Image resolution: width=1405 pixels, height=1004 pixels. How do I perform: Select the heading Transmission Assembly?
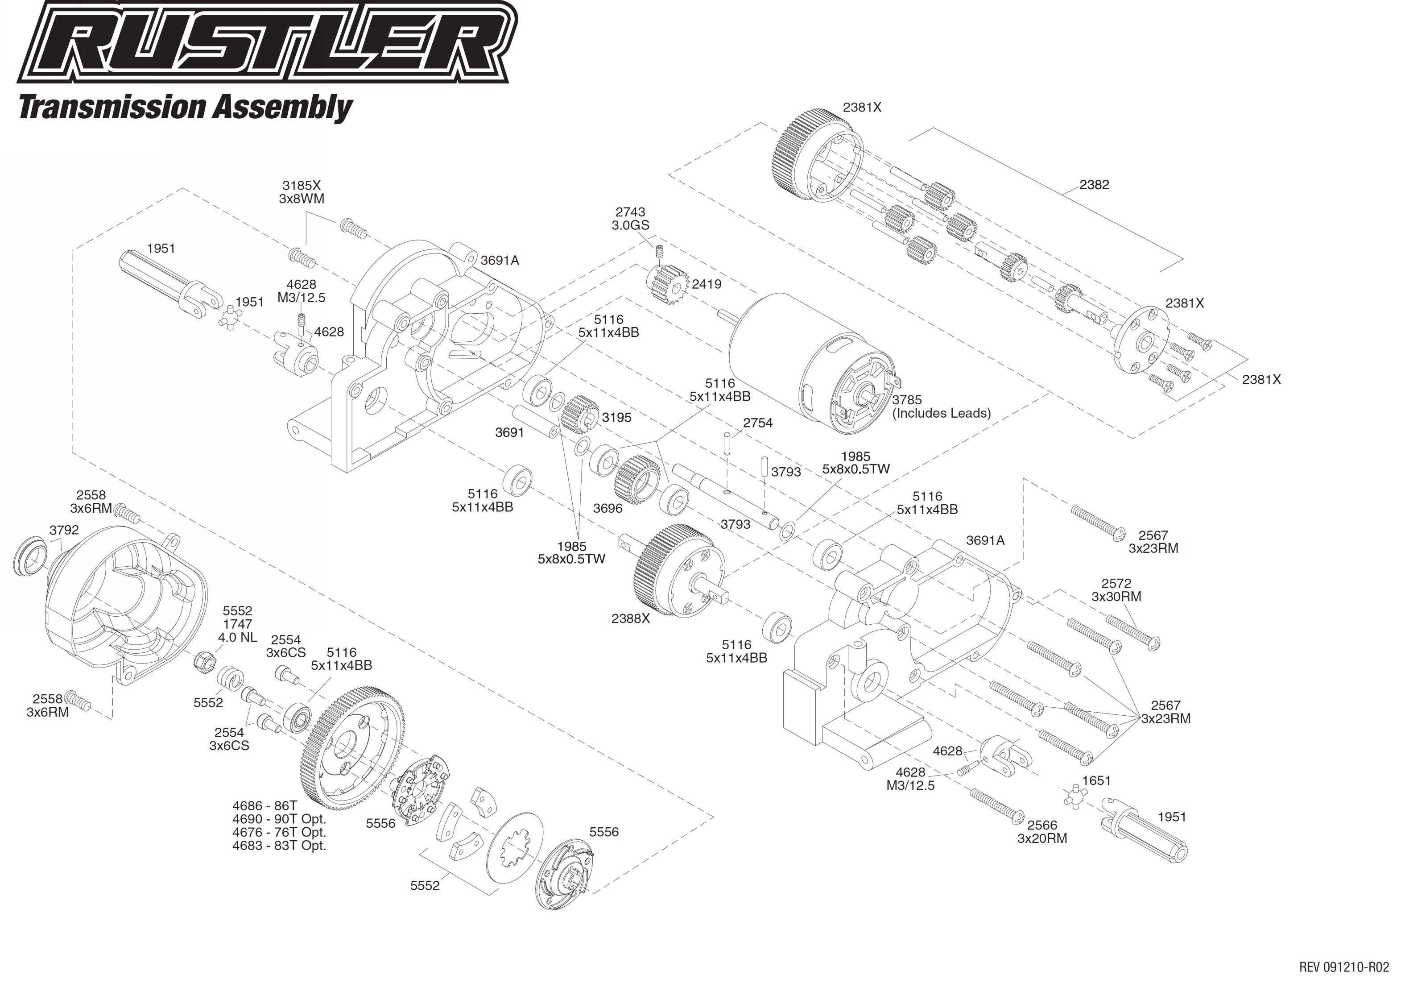click(186, 107)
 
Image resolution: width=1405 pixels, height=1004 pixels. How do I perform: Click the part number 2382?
click(1094, 185)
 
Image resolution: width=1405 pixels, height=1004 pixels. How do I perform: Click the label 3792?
click(64, 530)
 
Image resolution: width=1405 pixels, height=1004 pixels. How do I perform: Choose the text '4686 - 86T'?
click(264, 805)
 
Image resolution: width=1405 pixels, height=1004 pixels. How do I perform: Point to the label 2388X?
click(630, 618)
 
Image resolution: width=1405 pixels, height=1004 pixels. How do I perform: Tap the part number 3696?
click(607, 508)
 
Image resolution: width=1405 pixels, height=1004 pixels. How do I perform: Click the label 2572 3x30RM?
click(1116, 590)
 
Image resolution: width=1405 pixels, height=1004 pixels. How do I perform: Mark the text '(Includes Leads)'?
click(941, 413)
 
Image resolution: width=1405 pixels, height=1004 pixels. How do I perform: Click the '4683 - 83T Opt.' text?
click(279, 845)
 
